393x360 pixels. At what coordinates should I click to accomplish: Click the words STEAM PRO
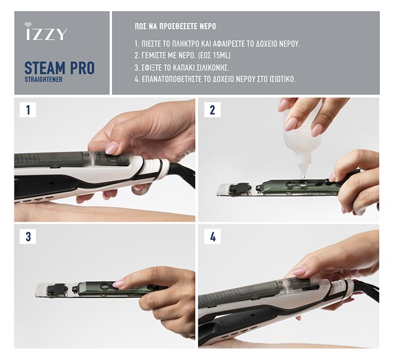pyautogui.click(x=60, y=67)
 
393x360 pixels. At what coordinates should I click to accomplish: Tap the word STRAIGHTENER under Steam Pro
pyautogui.click(x=43, y=79)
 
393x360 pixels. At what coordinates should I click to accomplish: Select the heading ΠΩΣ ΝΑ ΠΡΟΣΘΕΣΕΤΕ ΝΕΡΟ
pyautogui.click(x=175, y=26)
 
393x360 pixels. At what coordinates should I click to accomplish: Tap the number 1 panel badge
pyautogui.click(x=28, y=109)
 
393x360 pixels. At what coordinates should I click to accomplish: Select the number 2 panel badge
pyautogui.click(x=212, y=109)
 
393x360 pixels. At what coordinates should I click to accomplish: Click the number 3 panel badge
pyautogui.click(x=28, y=236)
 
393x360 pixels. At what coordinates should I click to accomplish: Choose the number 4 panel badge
pyautogui.click(x=212, y=236)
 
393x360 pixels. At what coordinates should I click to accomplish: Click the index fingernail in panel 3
pyautogui.click(x=119, y=283)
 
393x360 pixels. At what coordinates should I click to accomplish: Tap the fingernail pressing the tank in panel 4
pyautogui.click(x=299, y=270)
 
